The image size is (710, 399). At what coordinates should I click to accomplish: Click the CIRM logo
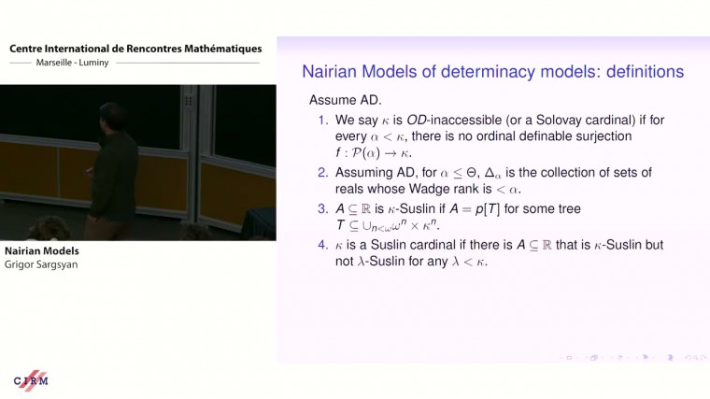click(x=30, y=381)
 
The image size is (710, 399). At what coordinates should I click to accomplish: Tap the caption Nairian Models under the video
click(x=41, y=251)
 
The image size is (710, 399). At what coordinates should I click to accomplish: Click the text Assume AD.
click(x=340, y=99)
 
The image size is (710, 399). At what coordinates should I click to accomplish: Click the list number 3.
click(x=321, y=208)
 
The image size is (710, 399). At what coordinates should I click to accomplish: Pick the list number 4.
click(x=321, y=245)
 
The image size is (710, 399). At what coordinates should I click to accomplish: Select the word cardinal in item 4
click(x=430, y=245)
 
